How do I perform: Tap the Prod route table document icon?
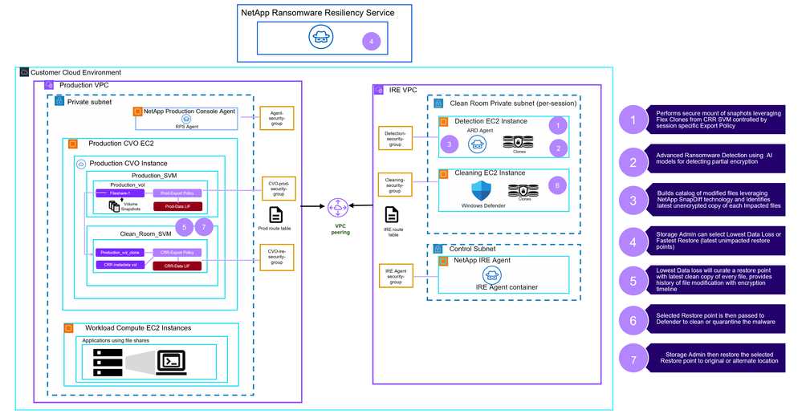(275, 214)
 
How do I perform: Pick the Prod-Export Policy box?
(177, 193)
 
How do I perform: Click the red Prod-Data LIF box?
(177, 206)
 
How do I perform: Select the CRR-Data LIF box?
(177, 265)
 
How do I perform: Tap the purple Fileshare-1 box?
(120, 193)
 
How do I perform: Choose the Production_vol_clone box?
(120, 252)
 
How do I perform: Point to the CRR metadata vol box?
(120, 265)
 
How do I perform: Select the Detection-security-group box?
(397, 137)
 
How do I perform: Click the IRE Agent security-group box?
(395, 274)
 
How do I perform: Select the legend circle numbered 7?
(633, 359)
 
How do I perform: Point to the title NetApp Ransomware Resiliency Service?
(318, 13)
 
